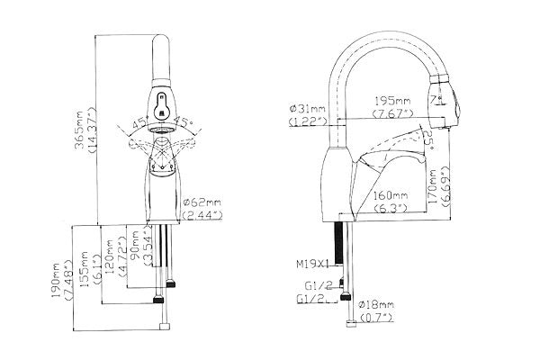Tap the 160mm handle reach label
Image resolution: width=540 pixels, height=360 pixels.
pyautogui.click(x=392, y=193)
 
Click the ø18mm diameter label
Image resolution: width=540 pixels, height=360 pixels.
pyautogui.click(x=377, y=304)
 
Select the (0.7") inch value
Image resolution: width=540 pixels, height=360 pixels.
pyautogui.click(x=377, y=317)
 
